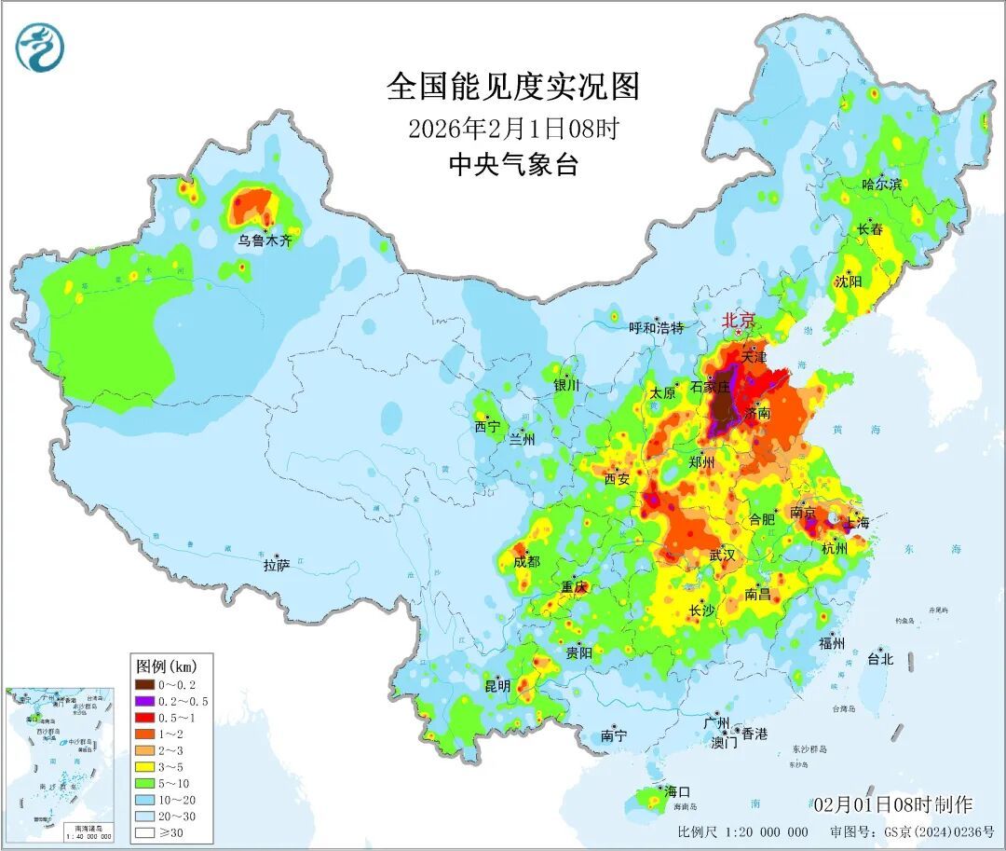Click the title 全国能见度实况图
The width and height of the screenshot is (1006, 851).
click(513, 87)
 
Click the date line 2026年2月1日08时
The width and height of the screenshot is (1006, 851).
click(513, 128)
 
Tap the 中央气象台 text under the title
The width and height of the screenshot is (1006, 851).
click(513, 165)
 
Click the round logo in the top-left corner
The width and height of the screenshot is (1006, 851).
click(40, 48)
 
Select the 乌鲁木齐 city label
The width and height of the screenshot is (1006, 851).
click(265, 240)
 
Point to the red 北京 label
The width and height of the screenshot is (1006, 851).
click(740, 321)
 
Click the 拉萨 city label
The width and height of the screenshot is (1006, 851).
click(277, 565)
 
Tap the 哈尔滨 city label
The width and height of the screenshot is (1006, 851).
click(881, 185)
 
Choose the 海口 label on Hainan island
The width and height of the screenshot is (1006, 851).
click(677, 791)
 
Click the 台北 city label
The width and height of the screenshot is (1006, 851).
click(879, 659)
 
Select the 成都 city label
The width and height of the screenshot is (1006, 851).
click(526, 561)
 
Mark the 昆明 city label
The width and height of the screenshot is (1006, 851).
click(496, 686)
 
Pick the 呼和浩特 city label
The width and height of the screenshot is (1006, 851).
click(657, 327)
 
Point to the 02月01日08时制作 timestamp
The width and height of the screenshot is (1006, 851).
click(891, 804)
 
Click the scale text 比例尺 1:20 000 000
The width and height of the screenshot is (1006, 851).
click(742, 831)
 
